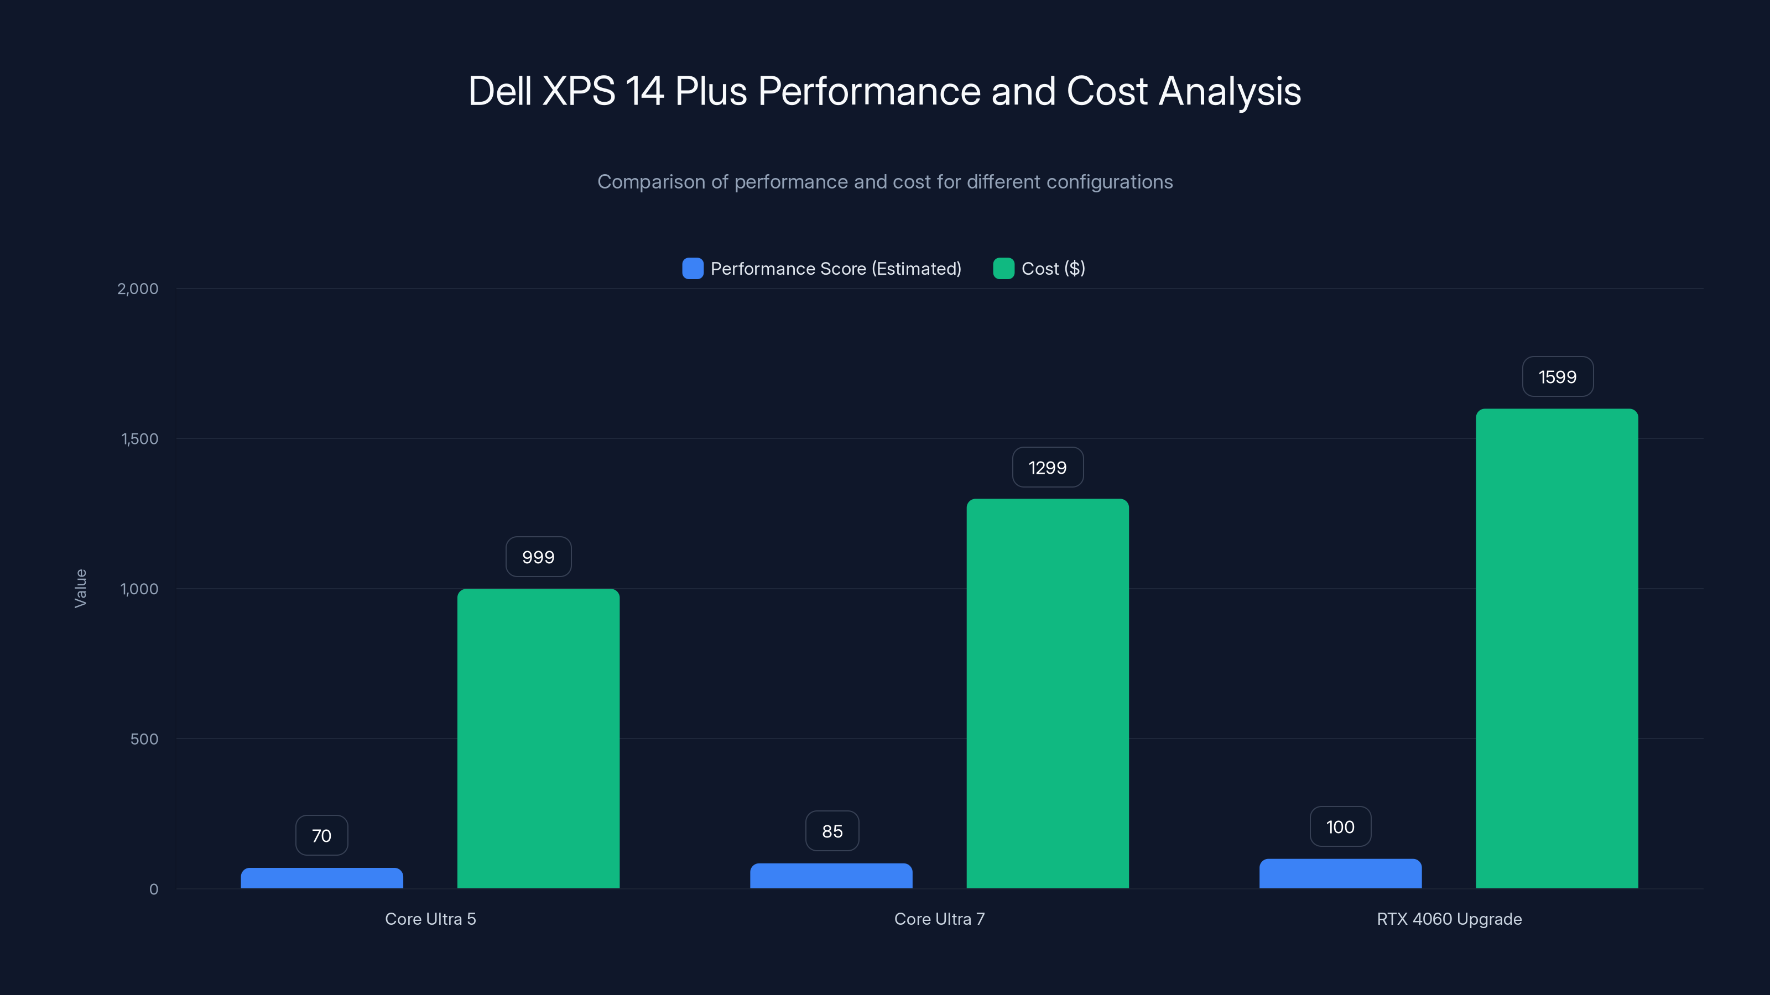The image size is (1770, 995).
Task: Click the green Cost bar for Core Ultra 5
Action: (x=538, y=738)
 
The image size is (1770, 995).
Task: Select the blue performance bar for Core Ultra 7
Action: (x=831, y=876)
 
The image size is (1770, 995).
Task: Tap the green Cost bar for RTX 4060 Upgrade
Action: (x=1556, y=648)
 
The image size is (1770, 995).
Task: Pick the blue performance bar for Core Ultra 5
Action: (x=321, y=878)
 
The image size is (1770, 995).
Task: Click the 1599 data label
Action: (x=1557, y=377)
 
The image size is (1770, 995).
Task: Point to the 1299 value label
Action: (x=1047, y=468)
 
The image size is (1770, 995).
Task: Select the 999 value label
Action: (x=538, y=557)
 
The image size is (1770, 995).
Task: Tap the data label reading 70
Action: (x=321, y=836)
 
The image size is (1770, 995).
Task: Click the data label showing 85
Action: (x=831, y=831)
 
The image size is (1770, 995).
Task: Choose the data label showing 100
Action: (x=1340, y=827)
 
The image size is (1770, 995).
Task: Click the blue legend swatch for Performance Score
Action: (x=693, y=269)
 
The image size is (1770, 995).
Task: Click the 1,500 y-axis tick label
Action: (x=139, y=439)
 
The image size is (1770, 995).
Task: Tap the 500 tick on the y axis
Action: (x=144, y=739)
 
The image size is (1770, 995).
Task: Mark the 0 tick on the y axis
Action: (x=154, y=889)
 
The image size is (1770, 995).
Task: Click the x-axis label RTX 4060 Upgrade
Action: (x=1449, y=919)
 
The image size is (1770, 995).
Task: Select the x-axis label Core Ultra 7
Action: (x=939, y=919)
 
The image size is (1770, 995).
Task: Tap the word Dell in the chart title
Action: (x=499, y=91)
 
